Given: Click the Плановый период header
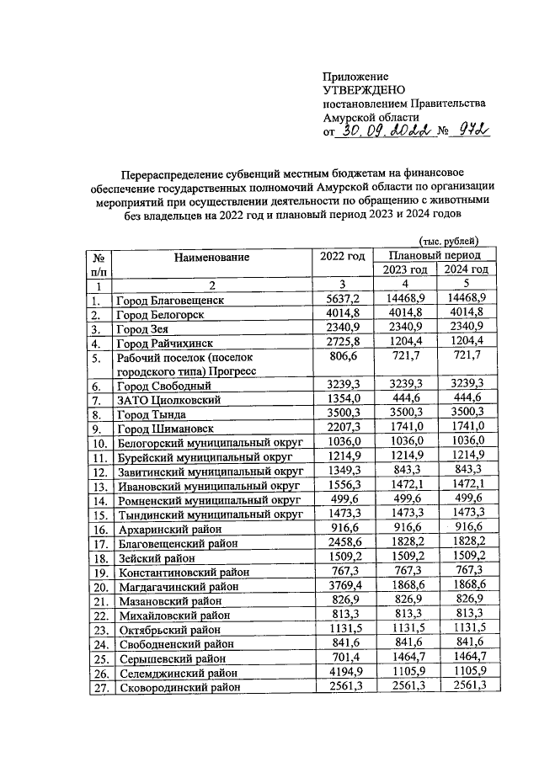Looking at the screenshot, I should pos(435,254).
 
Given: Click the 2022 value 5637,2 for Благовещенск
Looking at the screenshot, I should pos(342,300).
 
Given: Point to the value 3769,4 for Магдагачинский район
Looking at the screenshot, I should pos(342,586).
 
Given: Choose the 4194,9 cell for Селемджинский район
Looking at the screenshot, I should pos(342,672).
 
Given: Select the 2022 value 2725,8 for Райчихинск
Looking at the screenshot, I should pos(342,343).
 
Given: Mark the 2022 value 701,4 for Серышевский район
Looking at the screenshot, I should pos(342,658).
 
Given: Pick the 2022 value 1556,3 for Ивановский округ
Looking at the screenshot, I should pos(342,486).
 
